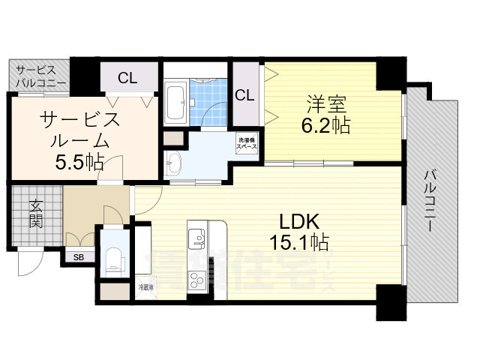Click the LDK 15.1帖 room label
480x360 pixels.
coord(300,232)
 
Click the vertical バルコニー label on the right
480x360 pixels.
coord(430,198)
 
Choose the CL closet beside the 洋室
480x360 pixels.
coord(244,95)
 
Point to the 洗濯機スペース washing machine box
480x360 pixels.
coord(247,142)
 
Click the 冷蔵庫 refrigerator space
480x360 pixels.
coord(145,288)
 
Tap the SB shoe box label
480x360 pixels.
coord(78,256)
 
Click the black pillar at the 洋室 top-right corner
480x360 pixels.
coord(390,73)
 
